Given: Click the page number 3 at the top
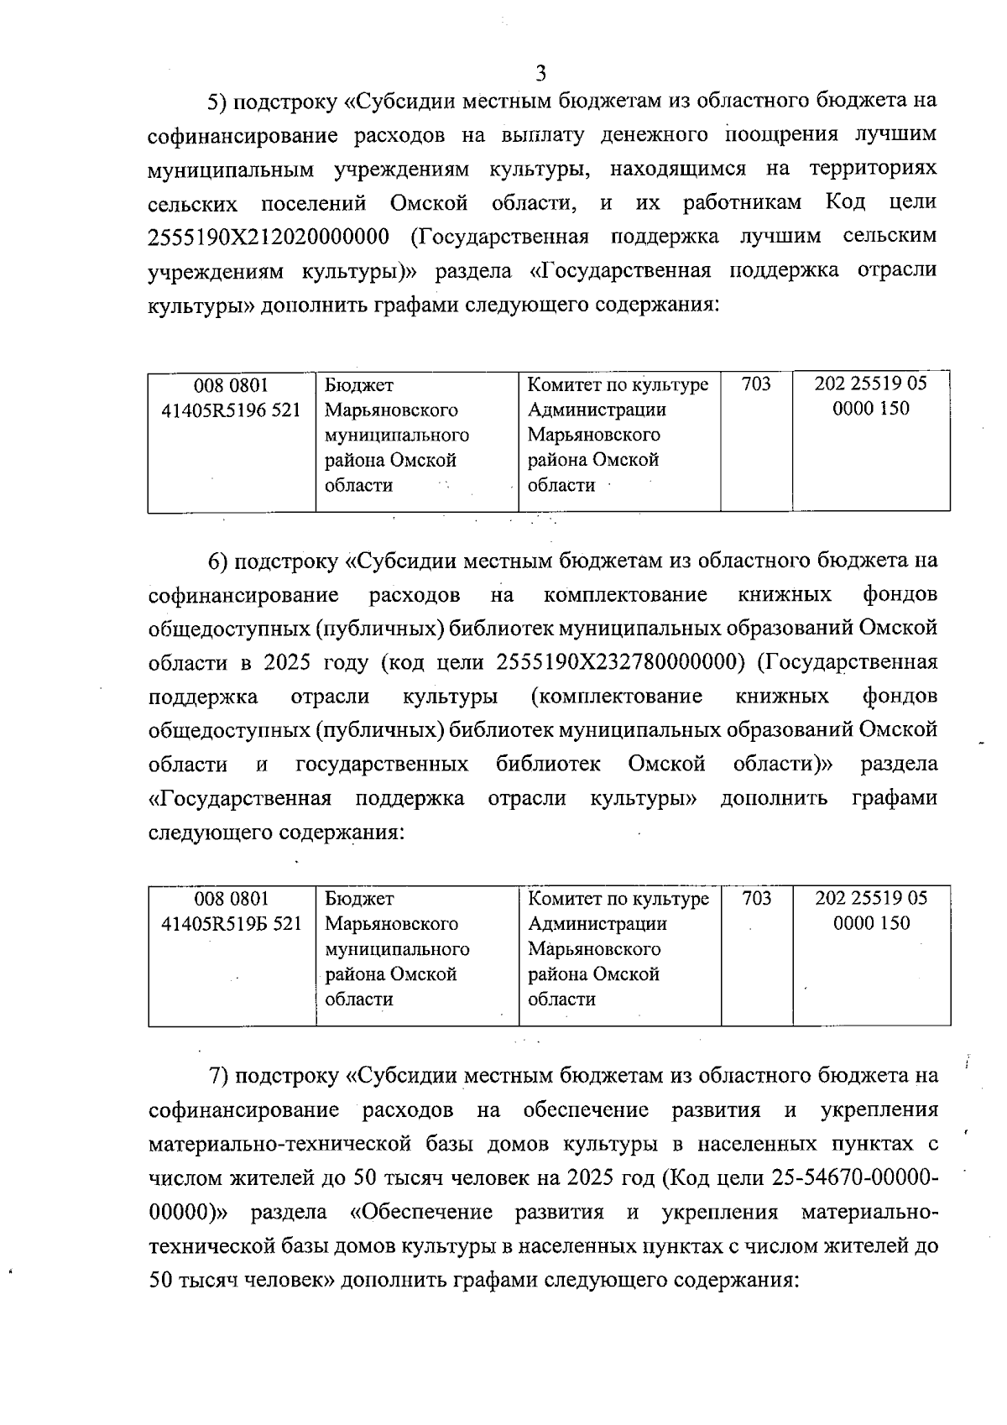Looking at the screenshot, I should pos(540,73).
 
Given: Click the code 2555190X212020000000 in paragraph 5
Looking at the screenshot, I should pos(269,237).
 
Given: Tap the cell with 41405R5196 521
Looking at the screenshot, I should pos(231,410).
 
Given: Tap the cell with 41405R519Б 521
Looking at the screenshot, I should pos(231,924).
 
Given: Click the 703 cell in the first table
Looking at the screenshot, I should pos(756,385).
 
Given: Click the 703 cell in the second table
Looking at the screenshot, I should pos(756,899).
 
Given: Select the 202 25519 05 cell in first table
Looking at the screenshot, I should pos(871,385).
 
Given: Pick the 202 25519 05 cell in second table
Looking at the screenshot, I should pos(871,899).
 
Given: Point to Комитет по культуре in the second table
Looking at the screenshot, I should pos(618,899).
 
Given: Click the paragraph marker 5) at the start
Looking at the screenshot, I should pos(217,102).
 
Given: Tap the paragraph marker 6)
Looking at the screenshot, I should pos(217,561).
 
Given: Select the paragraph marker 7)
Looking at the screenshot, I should pos(217,1076).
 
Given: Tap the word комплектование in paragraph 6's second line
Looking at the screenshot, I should pos(625,595).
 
